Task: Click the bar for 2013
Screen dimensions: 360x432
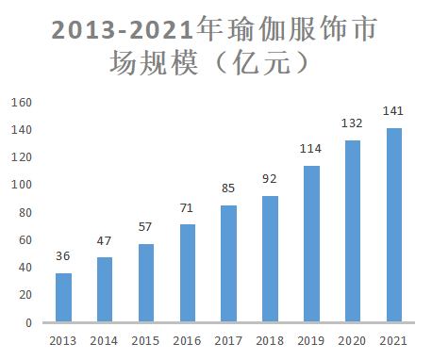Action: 63,298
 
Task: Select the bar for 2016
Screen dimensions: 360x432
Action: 188,273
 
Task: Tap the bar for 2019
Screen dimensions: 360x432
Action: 311,244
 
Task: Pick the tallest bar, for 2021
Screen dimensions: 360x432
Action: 393,225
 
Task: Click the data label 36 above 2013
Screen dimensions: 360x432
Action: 63,256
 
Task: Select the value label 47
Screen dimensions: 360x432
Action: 105,241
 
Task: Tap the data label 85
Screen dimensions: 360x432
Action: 228,188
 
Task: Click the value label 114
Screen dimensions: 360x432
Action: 311,149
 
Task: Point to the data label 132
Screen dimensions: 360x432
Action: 352,123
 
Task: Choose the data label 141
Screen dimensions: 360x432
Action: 393,111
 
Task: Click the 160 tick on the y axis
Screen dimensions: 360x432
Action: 22,102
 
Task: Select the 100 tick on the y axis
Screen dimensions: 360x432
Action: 22,185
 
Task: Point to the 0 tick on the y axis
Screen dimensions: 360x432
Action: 29,322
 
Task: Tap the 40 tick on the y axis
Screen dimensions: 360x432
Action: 25,268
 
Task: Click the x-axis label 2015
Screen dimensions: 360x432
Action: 145,340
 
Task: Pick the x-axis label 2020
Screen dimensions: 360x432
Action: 352,340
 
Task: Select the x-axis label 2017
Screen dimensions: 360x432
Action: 228,340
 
